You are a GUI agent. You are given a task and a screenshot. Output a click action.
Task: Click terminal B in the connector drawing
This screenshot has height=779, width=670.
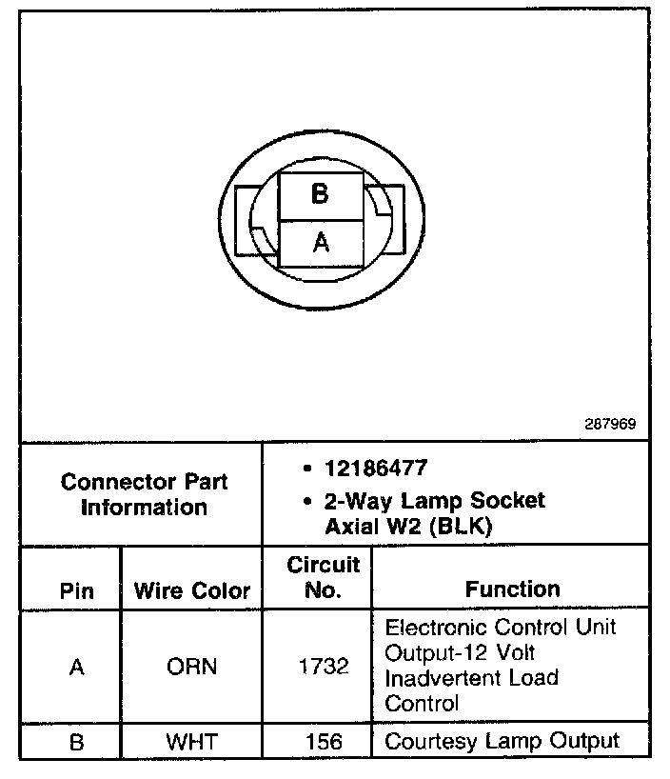[320, 194]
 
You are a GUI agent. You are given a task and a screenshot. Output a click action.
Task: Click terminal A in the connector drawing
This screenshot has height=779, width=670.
[321, 243]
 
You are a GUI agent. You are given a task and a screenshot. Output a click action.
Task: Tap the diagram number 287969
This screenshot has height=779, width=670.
[610, 425]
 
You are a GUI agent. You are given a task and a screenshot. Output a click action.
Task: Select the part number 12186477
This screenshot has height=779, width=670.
[376, 469]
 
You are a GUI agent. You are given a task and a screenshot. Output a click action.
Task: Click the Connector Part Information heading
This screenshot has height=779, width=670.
[144, 494]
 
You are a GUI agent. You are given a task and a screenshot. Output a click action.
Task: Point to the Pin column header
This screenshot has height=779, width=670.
[77, 590]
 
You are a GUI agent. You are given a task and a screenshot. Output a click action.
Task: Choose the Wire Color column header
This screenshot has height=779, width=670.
[192, 590]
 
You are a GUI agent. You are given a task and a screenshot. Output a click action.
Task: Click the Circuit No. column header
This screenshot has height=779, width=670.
[324, 578]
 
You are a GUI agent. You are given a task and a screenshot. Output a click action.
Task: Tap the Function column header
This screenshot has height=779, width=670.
[512, 589]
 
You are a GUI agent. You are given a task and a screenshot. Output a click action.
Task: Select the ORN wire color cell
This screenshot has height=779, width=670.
[192, 667]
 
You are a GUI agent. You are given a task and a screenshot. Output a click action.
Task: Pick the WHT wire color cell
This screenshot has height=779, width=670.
[192, 741]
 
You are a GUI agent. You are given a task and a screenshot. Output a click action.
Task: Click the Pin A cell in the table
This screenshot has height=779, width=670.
[77, 667]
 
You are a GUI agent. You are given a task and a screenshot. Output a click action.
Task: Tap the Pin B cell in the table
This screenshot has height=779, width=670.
[77, 741]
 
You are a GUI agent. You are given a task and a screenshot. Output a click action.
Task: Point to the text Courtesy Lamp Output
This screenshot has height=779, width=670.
[502, 740]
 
